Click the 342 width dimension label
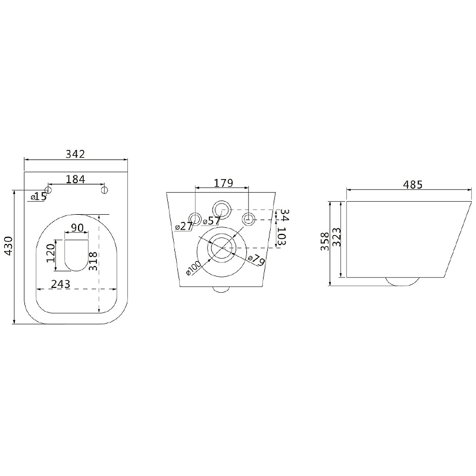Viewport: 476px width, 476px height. pyautogui.click(x=76, y=154)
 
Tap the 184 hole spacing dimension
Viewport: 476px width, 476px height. pyautogui.click(x=76, y=179)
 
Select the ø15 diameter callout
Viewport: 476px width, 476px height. pyautogui.click(x=39, y=197)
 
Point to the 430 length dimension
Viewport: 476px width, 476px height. pyautogui.click(x=8, y=246)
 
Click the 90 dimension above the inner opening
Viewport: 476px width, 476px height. pyautogui.click(x=77, y=228)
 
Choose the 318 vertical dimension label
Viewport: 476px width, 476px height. pyautogui.click(x=93, y=261)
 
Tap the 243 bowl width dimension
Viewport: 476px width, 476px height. pyautogui.click(x=61, y=284)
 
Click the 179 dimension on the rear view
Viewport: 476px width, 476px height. pyautogui.click(x=224, y=183)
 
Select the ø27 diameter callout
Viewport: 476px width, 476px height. pyautogui.click(x=184, y=226)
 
